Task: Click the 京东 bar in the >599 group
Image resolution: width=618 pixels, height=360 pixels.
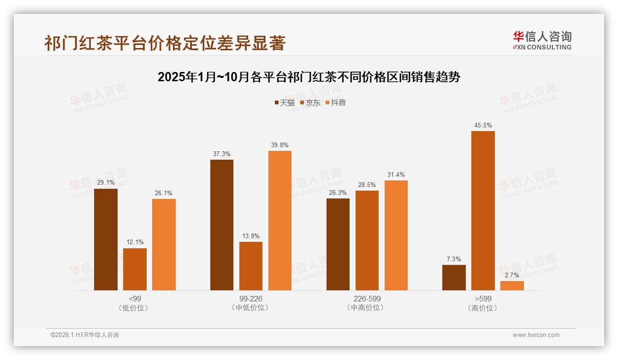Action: pos(483,210)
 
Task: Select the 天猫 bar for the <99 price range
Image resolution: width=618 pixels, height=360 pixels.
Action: pos(106,239)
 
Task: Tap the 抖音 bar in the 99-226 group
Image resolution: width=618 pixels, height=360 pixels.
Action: pos(280,221)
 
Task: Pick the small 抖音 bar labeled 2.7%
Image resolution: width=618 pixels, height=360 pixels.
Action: pos(512,286)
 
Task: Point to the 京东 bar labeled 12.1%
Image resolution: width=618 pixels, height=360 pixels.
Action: pos(135,269)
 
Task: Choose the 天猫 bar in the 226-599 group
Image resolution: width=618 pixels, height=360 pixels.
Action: pos(338,244)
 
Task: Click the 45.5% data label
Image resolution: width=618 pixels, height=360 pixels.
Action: pos(483,125)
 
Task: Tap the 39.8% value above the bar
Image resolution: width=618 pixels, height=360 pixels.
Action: pos(280,145)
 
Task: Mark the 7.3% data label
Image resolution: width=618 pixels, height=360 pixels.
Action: pos(454,259)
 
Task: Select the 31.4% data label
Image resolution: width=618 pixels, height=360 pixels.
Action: pos(396,174)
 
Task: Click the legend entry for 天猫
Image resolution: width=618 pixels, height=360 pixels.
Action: pos(285,102)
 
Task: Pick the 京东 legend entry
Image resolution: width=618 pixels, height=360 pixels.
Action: pos(310,102)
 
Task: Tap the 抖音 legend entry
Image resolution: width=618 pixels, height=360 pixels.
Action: pos(336,102)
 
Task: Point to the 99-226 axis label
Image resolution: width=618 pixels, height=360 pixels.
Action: pos(251,299)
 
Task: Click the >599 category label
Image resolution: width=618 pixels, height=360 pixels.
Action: pos(483,299)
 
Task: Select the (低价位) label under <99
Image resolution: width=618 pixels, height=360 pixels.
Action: pos(135,308)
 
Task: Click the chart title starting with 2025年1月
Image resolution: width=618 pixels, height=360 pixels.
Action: pos(309,77)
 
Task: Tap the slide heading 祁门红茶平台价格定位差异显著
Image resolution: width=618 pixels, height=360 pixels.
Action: pos(165,43)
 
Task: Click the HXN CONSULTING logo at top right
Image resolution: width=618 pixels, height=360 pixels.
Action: pos(542,41)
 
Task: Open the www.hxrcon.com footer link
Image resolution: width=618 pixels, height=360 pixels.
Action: pos(536,335)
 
